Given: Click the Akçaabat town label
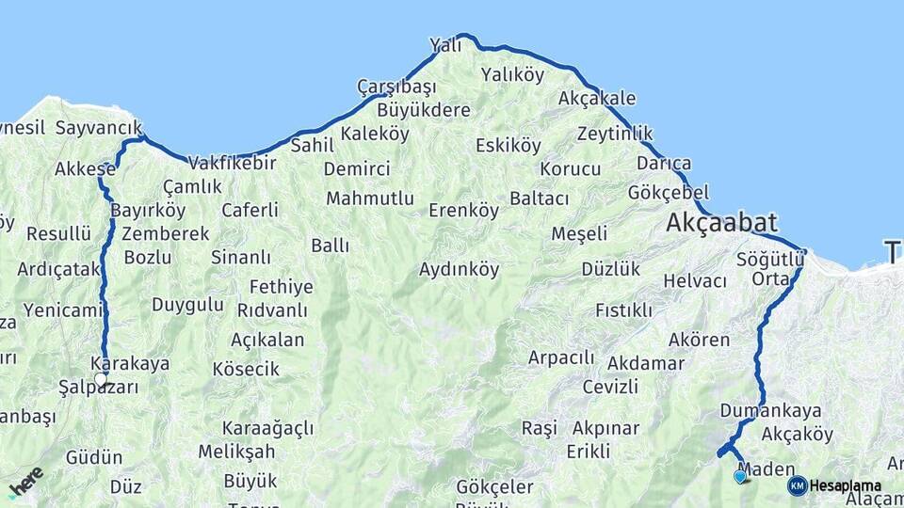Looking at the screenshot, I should [721, 224].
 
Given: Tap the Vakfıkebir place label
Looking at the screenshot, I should [233, 162].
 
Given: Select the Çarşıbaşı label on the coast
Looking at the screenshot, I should [396, 87].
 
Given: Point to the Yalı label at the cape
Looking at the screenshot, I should [445, 45].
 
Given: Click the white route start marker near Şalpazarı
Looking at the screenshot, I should [101, 378].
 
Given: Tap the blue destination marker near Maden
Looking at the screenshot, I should [740, 477].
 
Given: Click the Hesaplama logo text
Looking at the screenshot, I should [846, 486].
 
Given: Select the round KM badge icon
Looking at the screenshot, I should [797, 486].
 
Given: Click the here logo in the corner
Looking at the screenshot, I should [25, 481].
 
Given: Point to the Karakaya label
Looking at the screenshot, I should [130, 363].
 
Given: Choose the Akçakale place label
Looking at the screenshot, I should [597, 98].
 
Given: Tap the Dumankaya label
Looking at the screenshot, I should [770, 410].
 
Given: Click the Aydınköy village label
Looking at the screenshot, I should [459, 270].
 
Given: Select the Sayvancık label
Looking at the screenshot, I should [99, 127].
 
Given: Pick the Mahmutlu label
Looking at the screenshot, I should [370, 198].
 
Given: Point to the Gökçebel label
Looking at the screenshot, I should [668, 192].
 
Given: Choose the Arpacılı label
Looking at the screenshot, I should [561, 357].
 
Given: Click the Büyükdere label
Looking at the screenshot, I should [423, 110].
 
